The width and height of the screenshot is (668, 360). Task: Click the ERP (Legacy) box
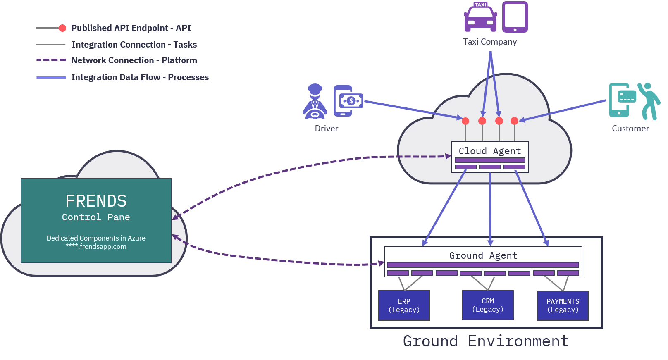[x=404, y=305]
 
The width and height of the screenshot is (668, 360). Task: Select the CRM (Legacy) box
[x=488, y=305]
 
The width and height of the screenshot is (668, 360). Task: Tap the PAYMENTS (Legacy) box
[x=563, y=305]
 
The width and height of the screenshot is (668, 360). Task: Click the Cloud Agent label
[x=490, y=151]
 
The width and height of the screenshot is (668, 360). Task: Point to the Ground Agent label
[x=483, y=255]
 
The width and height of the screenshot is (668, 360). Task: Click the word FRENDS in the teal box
[x=96, y=201]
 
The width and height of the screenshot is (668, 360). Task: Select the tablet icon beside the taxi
[x=515, y=17]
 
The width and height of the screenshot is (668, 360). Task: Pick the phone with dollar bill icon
[x=348, y=101]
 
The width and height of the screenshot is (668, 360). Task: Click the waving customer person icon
[x=649, y=101]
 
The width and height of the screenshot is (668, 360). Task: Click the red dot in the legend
[x=62, y=28]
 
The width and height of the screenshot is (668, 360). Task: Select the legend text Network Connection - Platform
[x=134, y=60]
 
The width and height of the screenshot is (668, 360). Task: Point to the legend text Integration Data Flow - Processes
[x=140, y=77]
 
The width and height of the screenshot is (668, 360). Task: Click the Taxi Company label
[x=490, y=42]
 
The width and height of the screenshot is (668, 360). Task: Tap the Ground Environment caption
[x=486, y=341]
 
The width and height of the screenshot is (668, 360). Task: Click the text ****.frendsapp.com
[x=96, y=247]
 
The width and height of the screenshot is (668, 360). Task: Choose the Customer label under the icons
[x=630, y=129]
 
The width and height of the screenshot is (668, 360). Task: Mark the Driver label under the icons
[x=327, y=129]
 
